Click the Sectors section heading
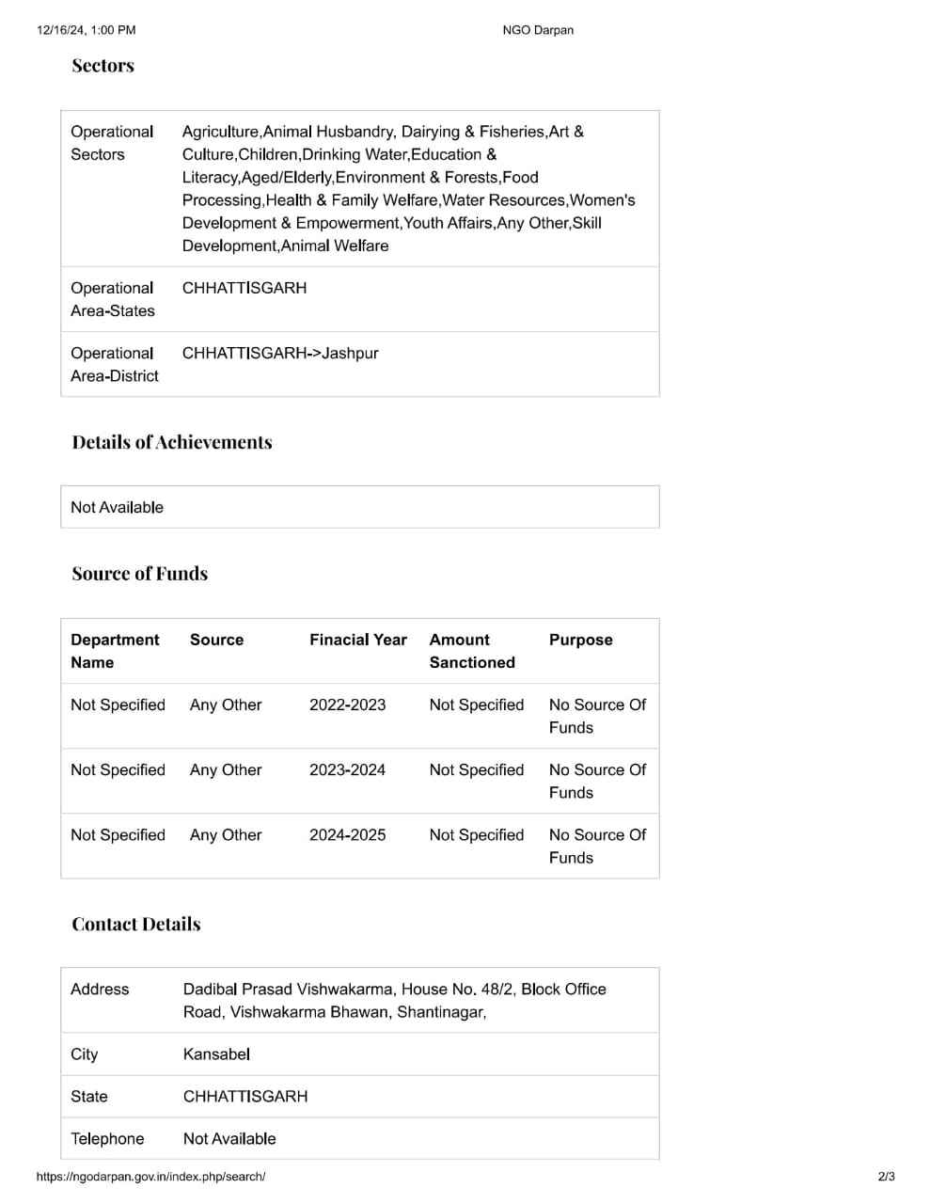pos(103,66)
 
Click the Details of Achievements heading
pos(172,442)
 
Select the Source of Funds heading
pos(140,574)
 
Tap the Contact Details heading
pos(136,925)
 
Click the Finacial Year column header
pos(358,640)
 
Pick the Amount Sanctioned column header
pos(472,651)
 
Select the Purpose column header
pos(581,640)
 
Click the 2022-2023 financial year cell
pos(347,705)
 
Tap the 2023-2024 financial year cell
pos(347,769)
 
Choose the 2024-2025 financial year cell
pos(347,834)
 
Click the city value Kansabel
pos(216,1054)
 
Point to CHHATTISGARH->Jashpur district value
pos(280,354)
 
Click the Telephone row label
pos(107,1138)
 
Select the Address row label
pos(100,990)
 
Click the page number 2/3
pos(886,1177)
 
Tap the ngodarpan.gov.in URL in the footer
pos(150,1177)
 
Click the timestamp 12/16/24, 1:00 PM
pos(87,30)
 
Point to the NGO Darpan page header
pos(538,30)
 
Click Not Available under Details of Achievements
pos(117,507)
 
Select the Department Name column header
pos(115,651)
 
